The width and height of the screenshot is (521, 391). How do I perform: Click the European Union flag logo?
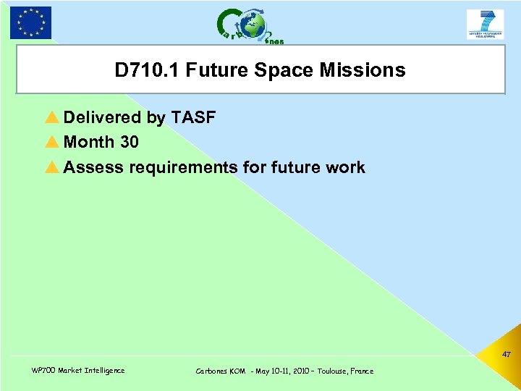point(31,22)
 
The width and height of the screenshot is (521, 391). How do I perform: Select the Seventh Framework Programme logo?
point(485,24)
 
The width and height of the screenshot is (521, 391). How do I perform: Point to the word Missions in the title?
point(364,70)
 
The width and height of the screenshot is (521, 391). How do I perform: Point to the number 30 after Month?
point(129,142)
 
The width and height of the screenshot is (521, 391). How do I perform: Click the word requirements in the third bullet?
point(183,168)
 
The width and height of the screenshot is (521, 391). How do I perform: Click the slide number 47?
point(506,355)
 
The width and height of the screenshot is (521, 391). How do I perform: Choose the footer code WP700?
point(43,371)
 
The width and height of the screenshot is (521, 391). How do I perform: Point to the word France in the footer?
point(362,371)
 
